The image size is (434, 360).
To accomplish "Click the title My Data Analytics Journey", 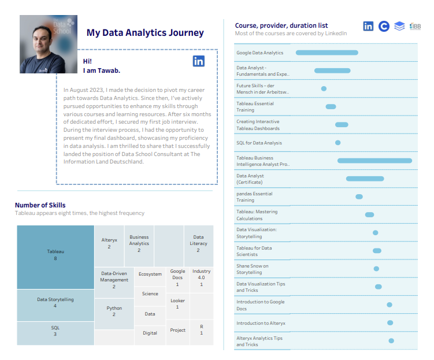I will coord(145,33).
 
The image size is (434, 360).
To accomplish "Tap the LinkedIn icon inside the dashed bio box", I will coord(199,61).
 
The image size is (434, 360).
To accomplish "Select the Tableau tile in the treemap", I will coord(55,255).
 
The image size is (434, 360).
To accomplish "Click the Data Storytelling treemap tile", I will coord(55,302).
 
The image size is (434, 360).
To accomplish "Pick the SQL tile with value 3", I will coord(55,331).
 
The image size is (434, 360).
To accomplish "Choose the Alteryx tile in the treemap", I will coord(109,243).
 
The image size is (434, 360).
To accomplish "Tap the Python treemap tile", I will coord(114,311).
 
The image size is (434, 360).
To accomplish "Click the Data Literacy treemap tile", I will coord(198,243).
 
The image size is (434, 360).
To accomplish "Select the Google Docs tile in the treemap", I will coord(177,277).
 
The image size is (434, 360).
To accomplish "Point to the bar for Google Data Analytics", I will coord(327,53).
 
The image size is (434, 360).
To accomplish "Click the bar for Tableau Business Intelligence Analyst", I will coord(374,161).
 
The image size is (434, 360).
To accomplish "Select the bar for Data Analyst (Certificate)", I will coord(365,179).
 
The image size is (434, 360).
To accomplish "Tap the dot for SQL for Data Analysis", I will coord(338,143).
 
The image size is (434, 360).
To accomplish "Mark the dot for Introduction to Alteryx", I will coord(390,323).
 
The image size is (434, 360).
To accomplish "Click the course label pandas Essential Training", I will coord(254,196).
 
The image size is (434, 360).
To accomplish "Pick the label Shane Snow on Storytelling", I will coord(252,269).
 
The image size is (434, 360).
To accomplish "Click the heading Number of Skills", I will coord(40,205).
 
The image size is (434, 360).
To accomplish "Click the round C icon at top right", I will coord(384,26).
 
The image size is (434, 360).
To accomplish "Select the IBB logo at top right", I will coord(415,26).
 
